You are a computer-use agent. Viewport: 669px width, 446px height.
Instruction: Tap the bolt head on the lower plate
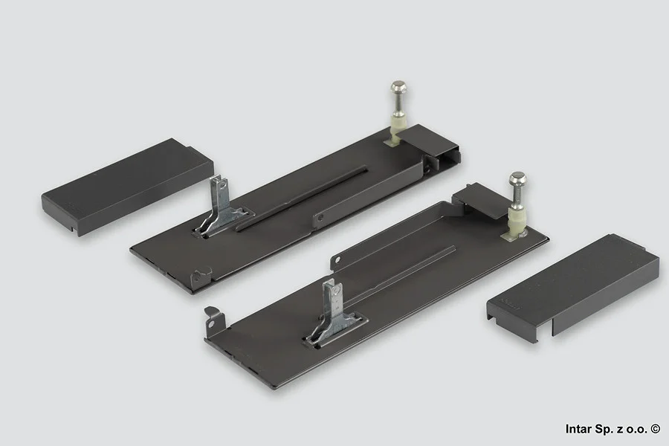(x=518, y=178)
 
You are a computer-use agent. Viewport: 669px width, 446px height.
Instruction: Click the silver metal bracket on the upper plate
(x=221, y=205)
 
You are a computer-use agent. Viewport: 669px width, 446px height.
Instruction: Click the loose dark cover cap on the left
(x=127, y=186)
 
